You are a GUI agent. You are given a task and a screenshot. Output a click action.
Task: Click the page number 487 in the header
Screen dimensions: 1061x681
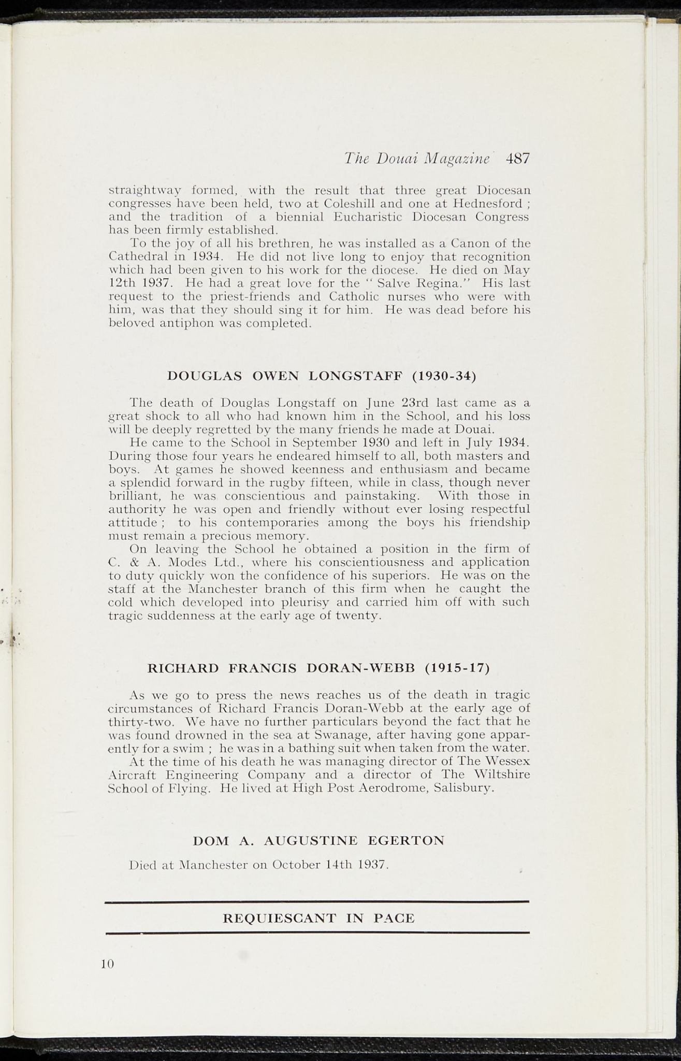pos(518,159)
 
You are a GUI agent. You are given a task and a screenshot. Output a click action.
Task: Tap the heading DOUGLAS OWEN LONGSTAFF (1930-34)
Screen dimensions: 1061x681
pos(322,376)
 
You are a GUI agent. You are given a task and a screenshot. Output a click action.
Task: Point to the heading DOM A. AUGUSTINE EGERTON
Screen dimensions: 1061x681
pos(318,840)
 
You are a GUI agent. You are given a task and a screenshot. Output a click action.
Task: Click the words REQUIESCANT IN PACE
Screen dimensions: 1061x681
pos(318,918)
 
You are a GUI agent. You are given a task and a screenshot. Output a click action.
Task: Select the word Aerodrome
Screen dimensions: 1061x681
pos(393,789)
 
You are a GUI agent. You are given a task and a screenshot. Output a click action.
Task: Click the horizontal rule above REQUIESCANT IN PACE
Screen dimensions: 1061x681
pos(317,902)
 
